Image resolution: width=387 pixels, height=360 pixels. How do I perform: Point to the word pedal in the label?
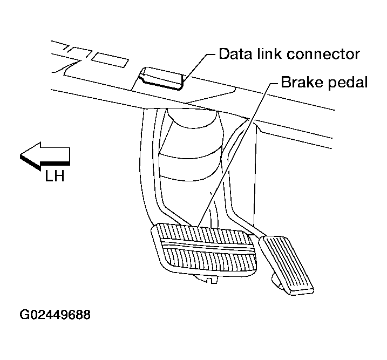(349, 83)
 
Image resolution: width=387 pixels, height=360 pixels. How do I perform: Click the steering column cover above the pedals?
(192, 146)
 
